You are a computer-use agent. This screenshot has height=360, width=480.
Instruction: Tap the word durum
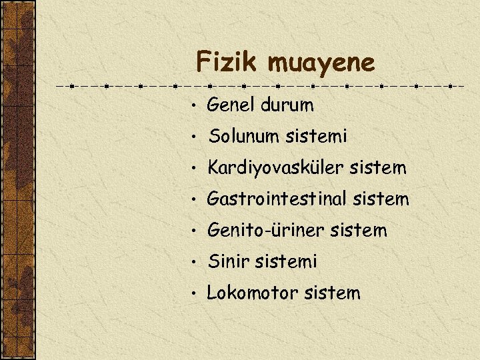[x=287, y=105]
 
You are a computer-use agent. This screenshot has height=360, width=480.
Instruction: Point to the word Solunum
[x=244, y=137]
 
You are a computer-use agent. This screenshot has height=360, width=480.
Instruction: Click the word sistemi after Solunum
[x=316, y=137]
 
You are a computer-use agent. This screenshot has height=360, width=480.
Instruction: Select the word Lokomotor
[x=250, y=293]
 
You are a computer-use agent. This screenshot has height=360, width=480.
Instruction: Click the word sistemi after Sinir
[x=286, y=262]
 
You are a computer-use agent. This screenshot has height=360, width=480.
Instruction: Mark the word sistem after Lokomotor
[x=331, y=293]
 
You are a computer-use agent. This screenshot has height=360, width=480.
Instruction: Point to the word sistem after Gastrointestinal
[x=382, y=199]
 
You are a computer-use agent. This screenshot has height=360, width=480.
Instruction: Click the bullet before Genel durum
[x=192, y=106]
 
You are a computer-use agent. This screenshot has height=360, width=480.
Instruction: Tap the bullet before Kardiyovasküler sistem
[x=192, y=169]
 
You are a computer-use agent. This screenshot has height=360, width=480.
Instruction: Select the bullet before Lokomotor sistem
[x=192, y=293]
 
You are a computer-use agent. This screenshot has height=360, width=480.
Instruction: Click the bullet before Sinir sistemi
[x=192, y=263]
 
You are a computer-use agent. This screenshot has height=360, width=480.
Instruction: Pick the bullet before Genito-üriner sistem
[x=192, y=231]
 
